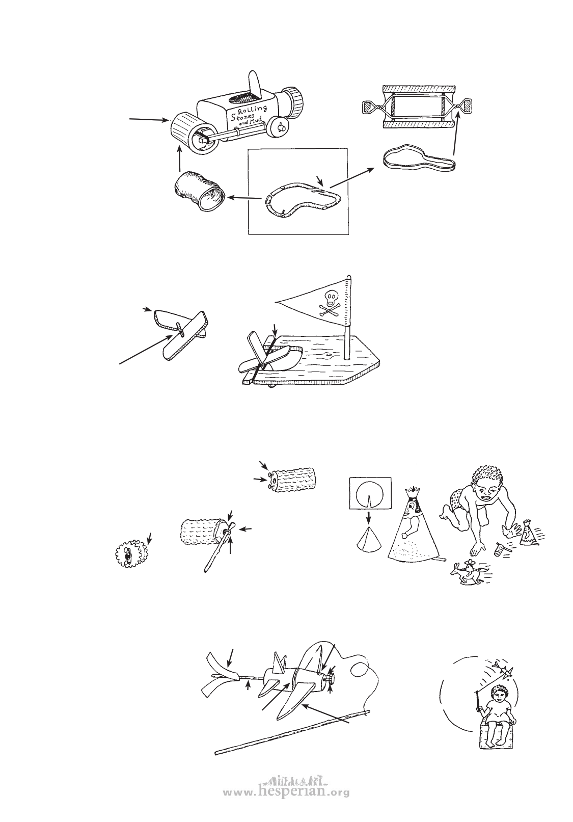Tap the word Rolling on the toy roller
tap(253, 109)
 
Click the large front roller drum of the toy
tap(191, 135)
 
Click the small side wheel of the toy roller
tap(280, 127)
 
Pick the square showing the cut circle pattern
tap(370, 492)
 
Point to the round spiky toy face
tap(131, 553)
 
